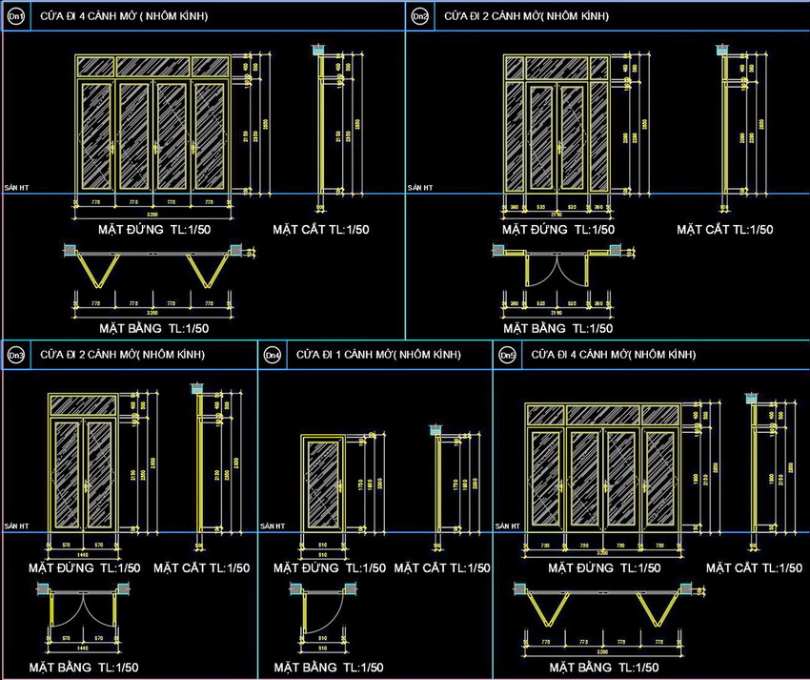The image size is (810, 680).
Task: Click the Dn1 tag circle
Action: (17, 16)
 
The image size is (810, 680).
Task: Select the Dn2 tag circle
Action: (419, 16)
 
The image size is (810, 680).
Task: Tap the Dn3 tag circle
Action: (16, 356)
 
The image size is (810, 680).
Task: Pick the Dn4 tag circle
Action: (273, 356)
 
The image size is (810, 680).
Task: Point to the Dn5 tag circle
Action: (508, 356)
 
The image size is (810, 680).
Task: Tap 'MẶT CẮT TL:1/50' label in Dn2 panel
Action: (725, 230)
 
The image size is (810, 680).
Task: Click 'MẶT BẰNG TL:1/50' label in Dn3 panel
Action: (85, 668)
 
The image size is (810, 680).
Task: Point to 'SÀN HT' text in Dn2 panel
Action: (419, 189)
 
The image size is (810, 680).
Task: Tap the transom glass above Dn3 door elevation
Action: (83, 405)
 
